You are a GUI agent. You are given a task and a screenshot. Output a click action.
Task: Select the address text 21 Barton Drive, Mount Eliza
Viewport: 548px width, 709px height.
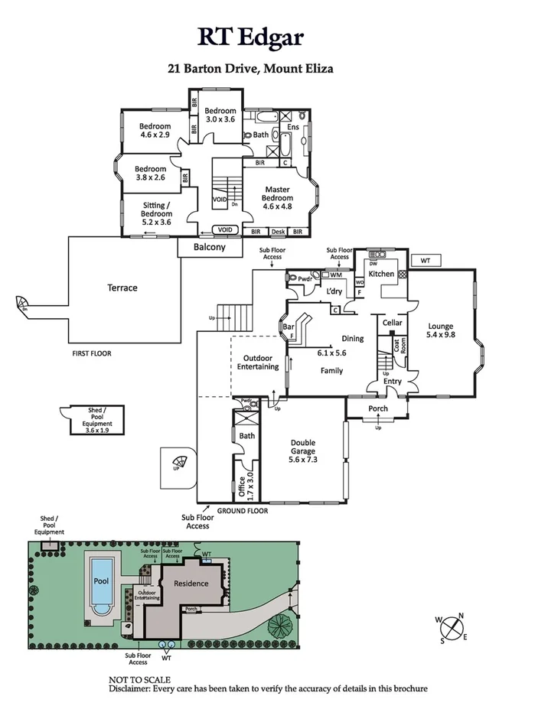pyautogui.click(x=250, y=68)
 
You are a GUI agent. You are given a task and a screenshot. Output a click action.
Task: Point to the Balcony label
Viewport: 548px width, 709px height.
pyautogui.click(x=209, y=247)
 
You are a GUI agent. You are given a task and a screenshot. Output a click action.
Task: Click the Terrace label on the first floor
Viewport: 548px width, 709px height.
pyautogui.click(x=122, y=288)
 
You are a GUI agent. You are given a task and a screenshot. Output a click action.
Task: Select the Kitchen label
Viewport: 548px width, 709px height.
pyautogui.click(x=381, y=274)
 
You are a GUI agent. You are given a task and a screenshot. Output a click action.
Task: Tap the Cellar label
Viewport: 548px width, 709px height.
pyautogui.click(x=393, y=323)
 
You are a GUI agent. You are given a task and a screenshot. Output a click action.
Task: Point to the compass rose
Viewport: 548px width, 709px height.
pyautogui.click(x=452, y=628)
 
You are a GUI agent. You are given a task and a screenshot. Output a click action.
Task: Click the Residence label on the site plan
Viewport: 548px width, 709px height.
pyautogui.click(x=191, y=584)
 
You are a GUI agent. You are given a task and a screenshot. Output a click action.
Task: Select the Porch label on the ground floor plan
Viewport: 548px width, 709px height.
pyautogui.click(x=378, y=408)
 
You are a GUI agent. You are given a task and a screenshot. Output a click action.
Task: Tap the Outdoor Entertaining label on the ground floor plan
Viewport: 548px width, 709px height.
pyautogui.click(x=261, y=362)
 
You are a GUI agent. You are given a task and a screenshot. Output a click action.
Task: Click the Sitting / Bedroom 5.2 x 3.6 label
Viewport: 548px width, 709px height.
pyautogui.click(x=157, y=213)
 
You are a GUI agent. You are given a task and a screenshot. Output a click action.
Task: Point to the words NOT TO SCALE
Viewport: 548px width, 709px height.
pyautogui.click(x=139, y=679)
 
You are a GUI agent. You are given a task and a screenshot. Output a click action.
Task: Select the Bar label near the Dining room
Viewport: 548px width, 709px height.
pyautogui.click(x=289, y=328)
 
